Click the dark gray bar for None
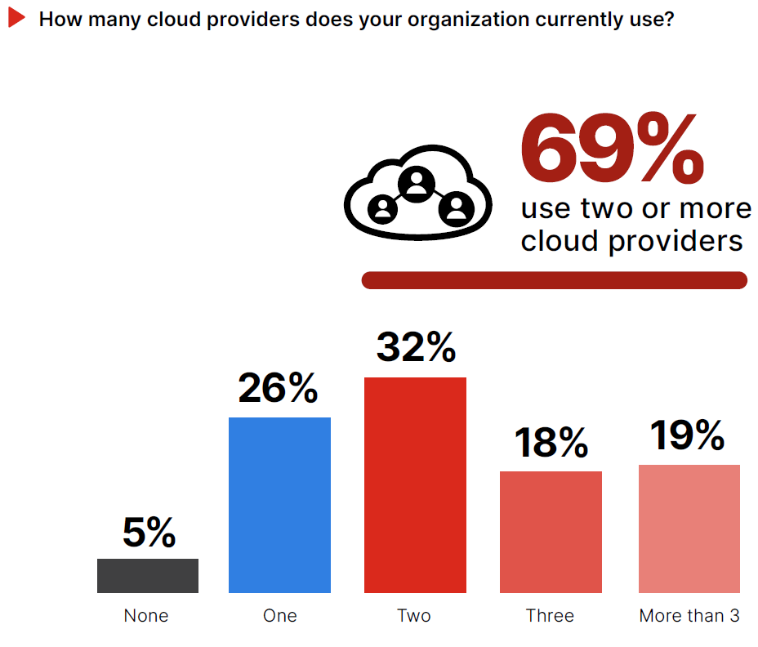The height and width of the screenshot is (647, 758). (x=148, y=575)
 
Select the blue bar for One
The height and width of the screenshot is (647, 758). (x=279, y=505)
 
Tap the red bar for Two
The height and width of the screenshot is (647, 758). (x=415, y=484)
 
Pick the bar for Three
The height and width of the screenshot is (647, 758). (x=551, y=532)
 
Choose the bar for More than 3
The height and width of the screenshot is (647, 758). (x=689, y=529)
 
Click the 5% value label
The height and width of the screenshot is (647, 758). (x=149, y=533)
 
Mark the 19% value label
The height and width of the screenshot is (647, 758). (x=688, y=435)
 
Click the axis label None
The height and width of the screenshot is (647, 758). (x=146, y=616)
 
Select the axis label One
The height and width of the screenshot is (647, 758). (x=280, y=616)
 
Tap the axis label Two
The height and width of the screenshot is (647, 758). (x=414, y=616)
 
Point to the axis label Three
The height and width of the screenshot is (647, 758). (x=550, y=616)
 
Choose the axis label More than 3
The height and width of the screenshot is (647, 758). (x=689, y=616)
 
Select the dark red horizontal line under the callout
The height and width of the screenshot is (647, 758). (x=554, y=280)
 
